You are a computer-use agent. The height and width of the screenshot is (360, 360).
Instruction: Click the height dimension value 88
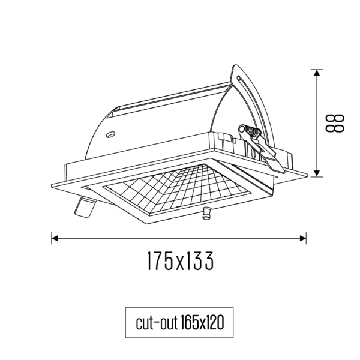coord(335,123)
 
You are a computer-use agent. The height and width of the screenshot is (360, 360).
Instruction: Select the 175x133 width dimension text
coord(180,260)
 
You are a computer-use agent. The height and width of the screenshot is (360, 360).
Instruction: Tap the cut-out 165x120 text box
coord(179,323)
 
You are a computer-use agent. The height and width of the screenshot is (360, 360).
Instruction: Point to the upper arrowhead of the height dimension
coord(317,73)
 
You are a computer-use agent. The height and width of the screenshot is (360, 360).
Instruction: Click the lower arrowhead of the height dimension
coord(317,173)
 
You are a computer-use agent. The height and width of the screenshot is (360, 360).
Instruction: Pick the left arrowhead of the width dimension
coord(55,238)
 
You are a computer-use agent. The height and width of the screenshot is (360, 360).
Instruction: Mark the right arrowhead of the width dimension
coord(303,238)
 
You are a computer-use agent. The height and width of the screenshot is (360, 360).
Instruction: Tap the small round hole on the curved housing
coord(111,134)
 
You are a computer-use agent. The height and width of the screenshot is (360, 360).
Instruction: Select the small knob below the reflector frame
coord(206,213)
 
